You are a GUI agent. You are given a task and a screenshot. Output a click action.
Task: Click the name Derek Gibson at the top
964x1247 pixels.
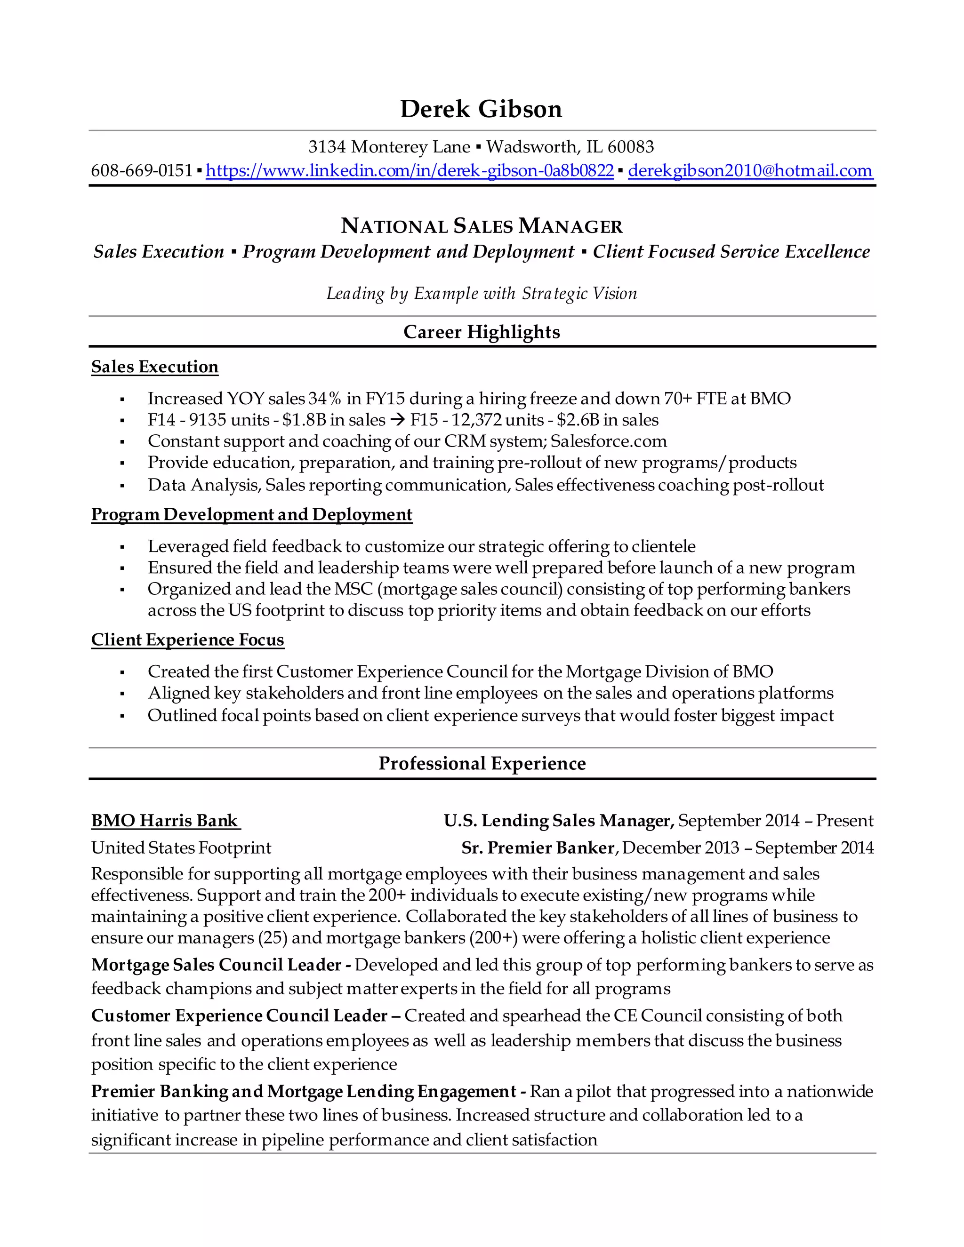481,109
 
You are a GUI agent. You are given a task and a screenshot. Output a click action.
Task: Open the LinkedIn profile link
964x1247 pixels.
410,170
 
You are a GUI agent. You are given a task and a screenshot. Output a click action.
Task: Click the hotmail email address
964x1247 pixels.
750,170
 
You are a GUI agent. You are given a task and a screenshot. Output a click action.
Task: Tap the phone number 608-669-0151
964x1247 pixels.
142,170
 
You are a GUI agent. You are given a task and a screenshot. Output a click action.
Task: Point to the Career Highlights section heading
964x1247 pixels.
482,332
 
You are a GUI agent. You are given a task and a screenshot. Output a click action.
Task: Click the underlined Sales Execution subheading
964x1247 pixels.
155,367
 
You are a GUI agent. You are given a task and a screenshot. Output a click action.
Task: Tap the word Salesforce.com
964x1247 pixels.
608,441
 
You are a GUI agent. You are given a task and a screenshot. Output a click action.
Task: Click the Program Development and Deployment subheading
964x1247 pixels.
251,514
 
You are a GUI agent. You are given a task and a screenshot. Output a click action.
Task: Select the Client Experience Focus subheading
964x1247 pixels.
187,639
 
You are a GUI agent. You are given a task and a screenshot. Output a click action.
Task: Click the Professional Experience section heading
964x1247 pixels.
482,763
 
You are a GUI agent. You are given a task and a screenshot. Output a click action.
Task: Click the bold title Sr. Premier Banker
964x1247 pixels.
538,848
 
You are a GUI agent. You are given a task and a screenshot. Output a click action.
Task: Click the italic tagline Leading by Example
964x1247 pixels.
482,294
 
